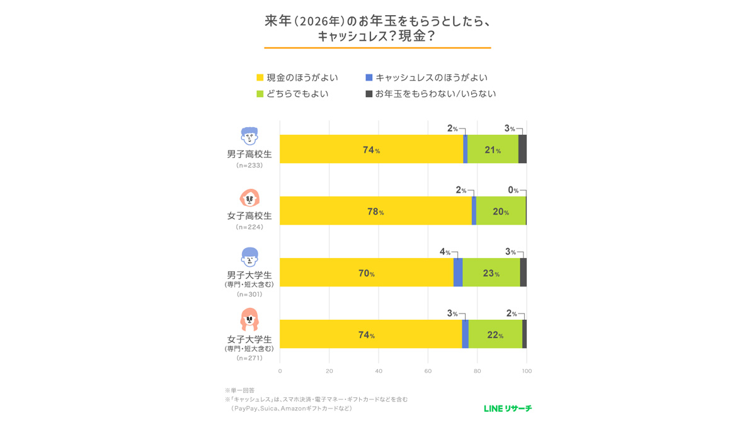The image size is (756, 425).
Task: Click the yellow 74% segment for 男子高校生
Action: point(371,149)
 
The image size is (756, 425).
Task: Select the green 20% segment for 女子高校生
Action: point(501,211)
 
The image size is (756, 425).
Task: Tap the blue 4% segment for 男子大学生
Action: point(458,272)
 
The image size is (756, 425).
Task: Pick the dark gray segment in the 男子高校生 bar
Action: point(522,149)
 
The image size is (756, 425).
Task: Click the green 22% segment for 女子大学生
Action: point(495,334)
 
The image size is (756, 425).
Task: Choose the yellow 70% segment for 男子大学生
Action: point(367,272)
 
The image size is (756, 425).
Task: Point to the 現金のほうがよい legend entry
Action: point(297,77)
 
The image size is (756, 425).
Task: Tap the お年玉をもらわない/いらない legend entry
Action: point(431,94)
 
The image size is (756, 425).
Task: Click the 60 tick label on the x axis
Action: point(428,371)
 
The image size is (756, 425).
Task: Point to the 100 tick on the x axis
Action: point(527,371)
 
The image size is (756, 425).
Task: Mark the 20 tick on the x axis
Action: point(329,371)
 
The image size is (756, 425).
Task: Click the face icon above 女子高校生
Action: point(249,198)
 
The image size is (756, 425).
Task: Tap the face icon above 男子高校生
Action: point(249,137)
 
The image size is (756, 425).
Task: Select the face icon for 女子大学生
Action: point(249,320)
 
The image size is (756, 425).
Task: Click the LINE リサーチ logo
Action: point(508,409)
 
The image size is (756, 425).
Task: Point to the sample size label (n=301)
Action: point(249,294)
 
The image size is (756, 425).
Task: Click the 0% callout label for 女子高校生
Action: point(513,190)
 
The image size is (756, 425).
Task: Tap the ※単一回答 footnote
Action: point(240,390)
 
